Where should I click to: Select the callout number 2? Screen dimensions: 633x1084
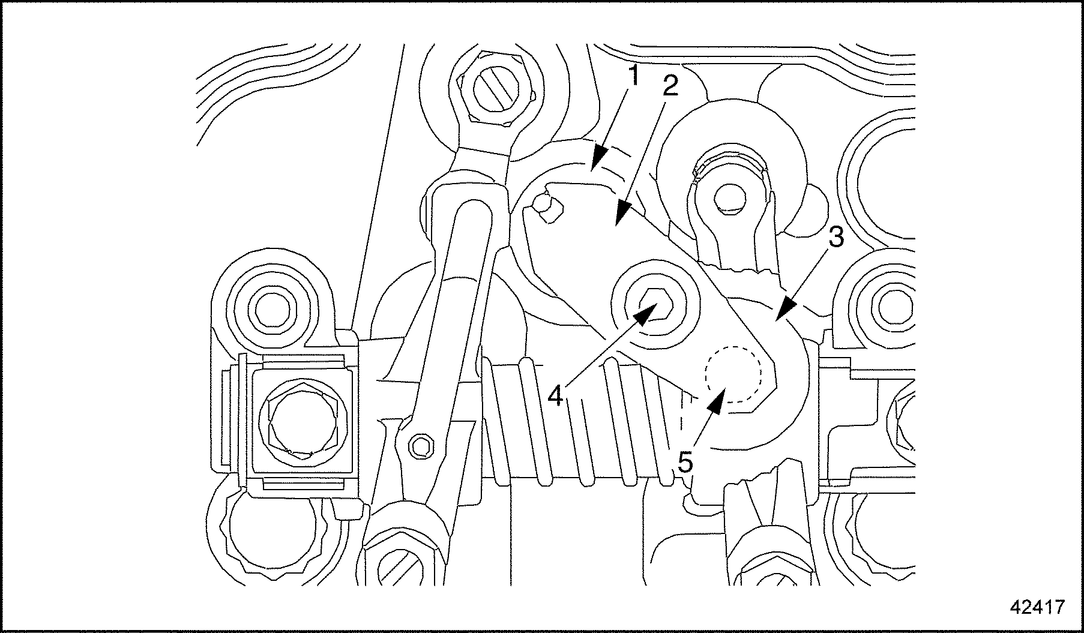(670, 87)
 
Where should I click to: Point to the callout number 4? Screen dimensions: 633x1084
(556, 395)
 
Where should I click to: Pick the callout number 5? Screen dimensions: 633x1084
(685, 463)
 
